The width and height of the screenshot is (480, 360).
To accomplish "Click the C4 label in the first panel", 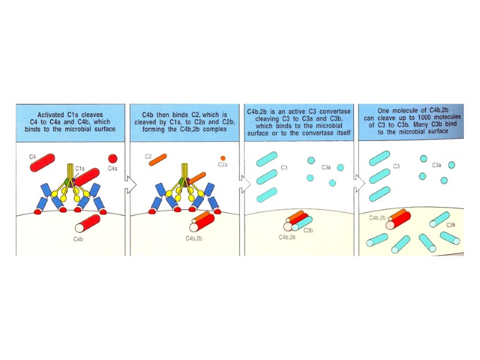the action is (x=32, y=157).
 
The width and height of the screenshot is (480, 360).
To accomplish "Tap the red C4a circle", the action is (x=113, y=158).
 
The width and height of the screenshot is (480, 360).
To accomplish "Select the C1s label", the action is (x=80, y=169).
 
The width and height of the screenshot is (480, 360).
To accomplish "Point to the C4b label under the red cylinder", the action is (x=78, y=239).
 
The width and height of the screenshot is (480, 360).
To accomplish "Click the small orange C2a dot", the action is (x=223, y=158).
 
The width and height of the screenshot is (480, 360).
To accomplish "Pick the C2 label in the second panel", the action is (x=148, y=157).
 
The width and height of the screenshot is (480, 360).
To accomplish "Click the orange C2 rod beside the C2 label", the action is (x=158, y=160).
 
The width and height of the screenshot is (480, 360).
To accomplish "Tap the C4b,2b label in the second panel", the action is (x=194, y=238).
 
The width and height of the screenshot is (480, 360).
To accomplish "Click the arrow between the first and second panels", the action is (x=131, y=185).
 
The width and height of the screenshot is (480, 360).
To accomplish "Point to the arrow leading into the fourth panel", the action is (x=359, y=184).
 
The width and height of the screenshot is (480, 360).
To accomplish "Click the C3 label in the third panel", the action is (x=284, y=167).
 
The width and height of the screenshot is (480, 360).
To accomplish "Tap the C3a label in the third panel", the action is (x=326, y=167).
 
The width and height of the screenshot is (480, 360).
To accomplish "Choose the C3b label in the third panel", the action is (x=308, y=230).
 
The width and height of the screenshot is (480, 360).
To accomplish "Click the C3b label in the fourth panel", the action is (x=451, y=226).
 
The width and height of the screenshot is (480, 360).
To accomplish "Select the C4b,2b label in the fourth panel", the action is (x=377, y=218).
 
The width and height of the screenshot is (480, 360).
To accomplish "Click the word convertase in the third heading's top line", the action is (x=335, y=112).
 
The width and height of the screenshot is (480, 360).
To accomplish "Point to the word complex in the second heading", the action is (x=215, y=129).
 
